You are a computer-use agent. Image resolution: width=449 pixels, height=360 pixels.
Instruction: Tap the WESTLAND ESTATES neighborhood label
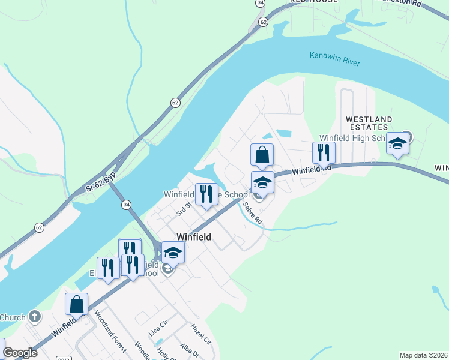coord(369,123)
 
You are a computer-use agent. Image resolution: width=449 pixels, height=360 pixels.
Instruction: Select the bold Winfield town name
coord(193,237)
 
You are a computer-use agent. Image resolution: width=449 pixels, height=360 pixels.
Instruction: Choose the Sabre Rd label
coord(253,213)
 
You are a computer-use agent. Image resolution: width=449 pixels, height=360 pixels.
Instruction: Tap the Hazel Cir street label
coord(201,334)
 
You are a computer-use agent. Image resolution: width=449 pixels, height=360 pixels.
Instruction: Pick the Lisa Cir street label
coord(157,333)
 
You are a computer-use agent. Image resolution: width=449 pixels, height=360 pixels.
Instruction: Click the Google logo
coord(20,353)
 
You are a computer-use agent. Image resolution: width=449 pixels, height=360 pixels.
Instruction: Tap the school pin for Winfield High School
coord(397,143)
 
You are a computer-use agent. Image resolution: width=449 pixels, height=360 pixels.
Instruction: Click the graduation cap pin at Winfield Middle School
coord(262,182)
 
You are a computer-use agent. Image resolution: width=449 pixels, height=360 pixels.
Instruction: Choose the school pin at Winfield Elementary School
coord(173,253)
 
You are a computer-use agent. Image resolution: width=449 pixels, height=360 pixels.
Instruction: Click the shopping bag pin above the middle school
coord(262,155)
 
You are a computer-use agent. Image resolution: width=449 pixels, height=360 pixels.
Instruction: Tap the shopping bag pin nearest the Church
coord(77,304)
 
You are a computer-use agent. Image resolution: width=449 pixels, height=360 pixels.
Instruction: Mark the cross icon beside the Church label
coord(35,316)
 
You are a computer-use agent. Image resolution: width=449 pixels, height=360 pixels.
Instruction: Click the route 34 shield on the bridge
coord(126,205)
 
